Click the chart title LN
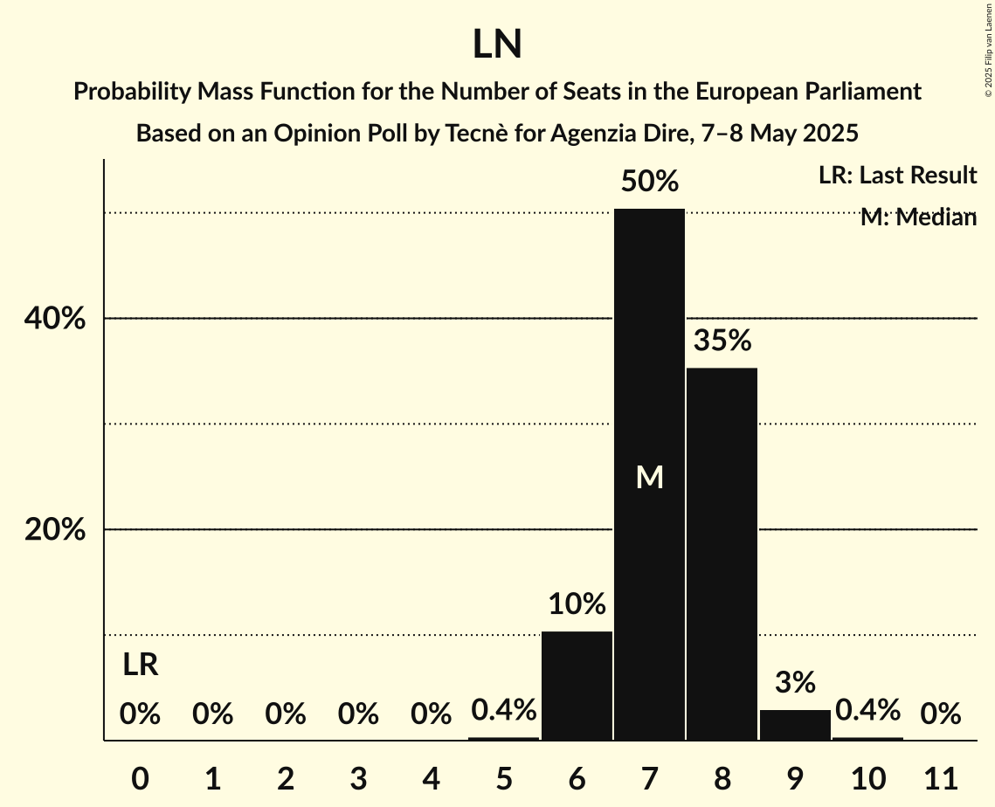497,45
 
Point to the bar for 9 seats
795,725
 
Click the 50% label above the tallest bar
649,182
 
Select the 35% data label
722,341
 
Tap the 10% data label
577,604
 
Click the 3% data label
795,682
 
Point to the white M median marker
649,477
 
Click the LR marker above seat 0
140,666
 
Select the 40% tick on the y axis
55,320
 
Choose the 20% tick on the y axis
55,530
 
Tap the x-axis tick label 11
941,778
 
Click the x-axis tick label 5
504,778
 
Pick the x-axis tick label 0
140,778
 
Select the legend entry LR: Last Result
897,176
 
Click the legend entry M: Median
918,217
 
